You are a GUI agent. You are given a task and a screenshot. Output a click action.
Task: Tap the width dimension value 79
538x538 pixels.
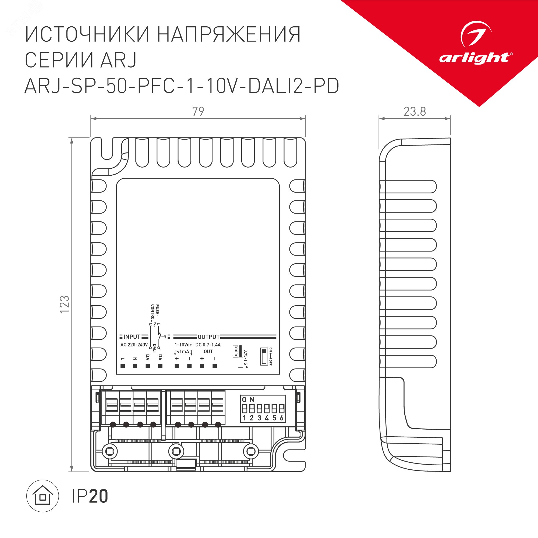[x=198, y=111]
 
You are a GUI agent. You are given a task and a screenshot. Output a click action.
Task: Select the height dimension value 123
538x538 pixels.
[x=65, y=304]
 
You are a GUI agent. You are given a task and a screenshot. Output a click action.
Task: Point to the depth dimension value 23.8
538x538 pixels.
[x=415, y=112]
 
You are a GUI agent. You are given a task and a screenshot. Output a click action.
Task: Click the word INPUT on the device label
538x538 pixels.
[x=132, y=337]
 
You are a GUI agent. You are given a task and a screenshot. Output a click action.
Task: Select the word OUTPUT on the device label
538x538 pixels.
[x=208, y=337]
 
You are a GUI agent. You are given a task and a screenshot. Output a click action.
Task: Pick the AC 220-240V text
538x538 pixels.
[x=134, y=345]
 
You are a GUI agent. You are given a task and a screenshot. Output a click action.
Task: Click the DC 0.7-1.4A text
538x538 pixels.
[x=208, y=345]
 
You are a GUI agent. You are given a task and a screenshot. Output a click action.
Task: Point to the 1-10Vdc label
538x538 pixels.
[x=183, y=345]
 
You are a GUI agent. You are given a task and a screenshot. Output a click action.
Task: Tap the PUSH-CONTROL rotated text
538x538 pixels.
[x=155, y=314]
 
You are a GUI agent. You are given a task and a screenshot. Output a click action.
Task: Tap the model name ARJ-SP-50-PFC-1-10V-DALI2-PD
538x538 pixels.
[x=182, y=86]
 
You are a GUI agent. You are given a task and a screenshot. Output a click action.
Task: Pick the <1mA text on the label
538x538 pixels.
[x=183, y=352]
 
